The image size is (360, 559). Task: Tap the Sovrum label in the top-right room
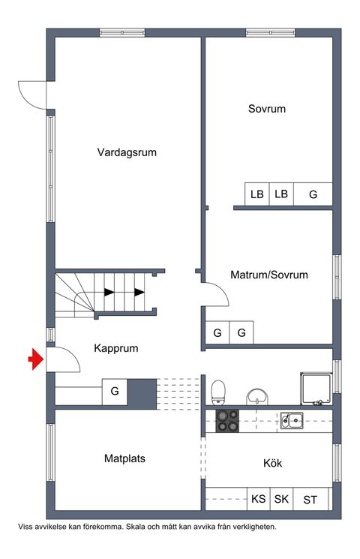267,109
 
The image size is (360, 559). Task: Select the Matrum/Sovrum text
269,275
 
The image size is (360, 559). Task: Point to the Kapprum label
116,348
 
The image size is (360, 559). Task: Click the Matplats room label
124,458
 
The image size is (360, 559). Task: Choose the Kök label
272,464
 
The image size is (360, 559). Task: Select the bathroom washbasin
258,395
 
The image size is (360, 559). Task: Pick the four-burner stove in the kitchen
227,421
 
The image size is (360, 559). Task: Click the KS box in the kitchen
258,499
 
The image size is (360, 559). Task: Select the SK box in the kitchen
281,499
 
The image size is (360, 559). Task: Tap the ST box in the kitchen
310,499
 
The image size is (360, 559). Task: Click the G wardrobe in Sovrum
313,194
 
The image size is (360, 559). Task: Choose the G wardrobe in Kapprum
115,391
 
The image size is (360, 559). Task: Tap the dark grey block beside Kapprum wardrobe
142,393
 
